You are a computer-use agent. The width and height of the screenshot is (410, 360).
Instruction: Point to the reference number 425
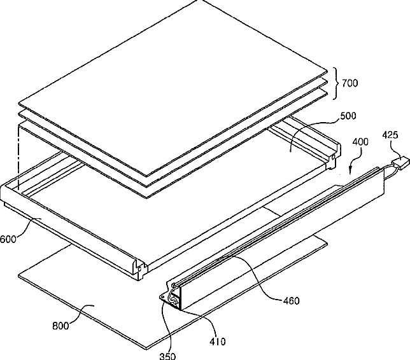pos(390,135)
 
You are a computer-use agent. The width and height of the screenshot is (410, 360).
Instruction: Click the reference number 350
pos(167,356)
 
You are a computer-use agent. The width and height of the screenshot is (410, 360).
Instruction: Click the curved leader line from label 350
pos(164,328)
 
